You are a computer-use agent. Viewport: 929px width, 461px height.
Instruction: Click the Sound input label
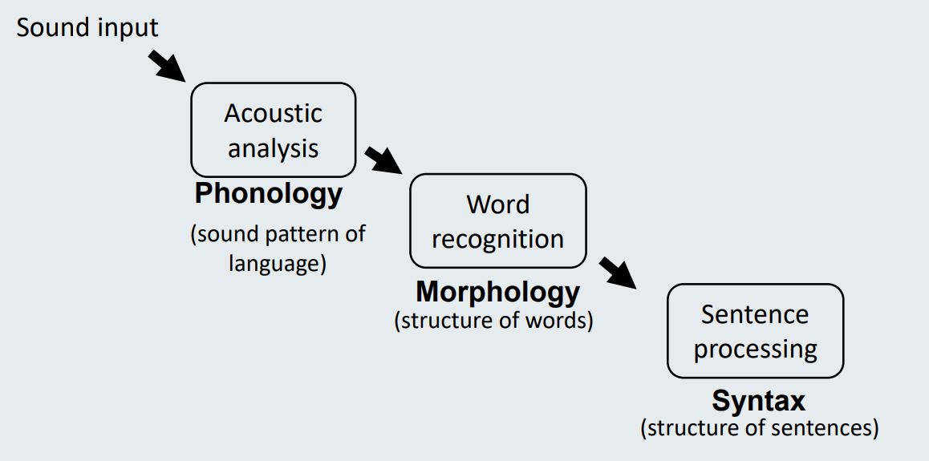87,27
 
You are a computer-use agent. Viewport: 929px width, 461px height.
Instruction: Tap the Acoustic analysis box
273,130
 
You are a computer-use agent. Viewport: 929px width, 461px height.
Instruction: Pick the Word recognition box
497,221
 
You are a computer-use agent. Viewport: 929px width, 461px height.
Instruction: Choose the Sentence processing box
755,331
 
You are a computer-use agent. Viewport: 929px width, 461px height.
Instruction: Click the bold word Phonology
269,194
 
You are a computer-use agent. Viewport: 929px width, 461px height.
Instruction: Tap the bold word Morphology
497,292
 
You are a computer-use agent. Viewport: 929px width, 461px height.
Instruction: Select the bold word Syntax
759,400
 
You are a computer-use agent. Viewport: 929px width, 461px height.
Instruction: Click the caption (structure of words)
494,321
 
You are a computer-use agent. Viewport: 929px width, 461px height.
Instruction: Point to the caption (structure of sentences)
760,427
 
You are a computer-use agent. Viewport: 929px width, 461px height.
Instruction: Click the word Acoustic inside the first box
273,113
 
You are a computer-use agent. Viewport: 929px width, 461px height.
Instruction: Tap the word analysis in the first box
273,148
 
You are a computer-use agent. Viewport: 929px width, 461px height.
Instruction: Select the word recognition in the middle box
497,239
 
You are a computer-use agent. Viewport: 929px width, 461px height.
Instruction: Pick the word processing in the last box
755,350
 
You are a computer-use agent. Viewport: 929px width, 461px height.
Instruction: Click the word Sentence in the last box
755,314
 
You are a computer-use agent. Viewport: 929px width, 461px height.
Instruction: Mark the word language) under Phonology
278,263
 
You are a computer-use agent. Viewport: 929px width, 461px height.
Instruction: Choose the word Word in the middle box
497,204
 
